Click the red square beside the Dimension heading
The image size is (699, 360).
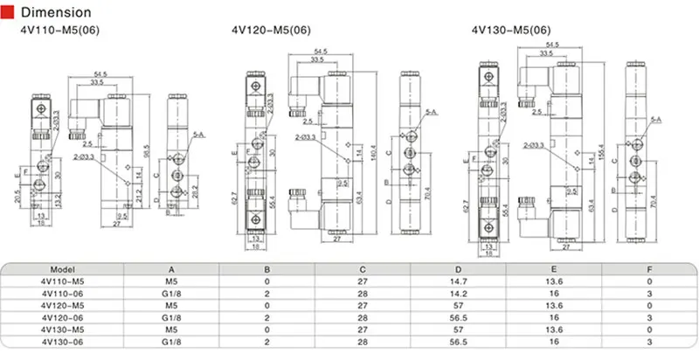coord(9,13)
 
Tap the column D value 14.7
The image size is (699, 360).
coord(453,282)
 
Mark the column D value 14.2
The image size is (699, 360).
coord(453,294)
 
